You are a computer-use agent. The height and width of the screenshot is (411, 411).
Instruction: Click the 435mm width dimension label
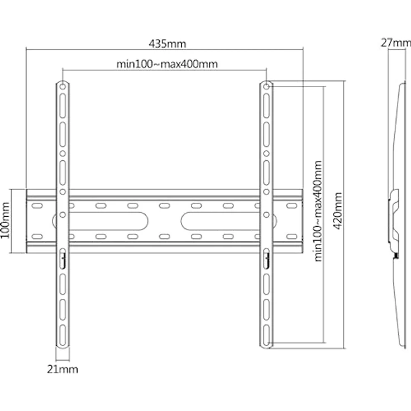pos(168,44)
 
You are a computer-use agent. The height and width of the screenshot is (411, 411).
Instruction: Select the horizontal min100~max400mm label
pos(167,64)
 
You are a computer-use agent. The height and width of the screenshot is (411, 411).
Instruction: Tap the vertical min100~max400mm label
pos(318,211)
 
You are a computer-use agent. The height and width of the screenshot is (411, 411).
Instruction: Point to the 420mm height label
pos(338,211)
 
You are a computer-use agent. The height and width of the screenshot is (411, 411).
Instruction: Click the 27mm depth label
pos(396,43)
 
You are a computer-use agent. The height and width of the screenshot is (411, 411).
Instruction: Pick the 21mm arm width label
pos(63,369)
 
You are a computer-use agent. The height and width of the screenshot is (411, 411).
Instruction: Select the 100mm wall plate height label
pos(5,221)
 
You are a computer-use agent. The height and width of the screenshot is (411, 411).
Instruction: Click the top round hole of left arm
pos(63,86)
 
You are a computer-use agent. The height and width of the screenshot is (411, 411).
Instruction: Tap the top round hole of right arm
pos(266,86)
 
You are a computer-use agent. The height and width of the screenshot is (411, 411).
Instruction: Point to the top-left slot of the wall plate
pos(37,205)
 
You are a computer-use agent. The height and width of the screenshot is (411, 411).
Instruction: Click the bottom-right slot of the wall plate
pos(291,237)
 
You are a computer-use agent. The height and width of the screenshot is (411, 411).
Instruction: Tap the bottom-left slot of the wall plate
pos(37,237)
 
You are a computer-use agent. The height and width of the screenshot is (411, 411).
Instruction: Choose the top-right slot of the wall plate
pos(291,205)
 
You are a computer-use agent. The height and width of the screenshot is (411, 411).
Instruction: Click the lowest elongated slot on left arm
pos(63,336)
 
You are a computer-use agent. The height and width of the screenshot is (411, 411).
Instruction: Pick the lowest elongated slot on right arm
pos(266,336)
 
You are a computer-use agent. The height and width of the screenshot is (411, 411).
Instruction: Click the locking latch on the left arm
pos(63,259)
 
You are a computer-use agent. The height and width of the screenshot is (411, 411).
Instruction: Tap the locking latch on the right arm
pos(266,259)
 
